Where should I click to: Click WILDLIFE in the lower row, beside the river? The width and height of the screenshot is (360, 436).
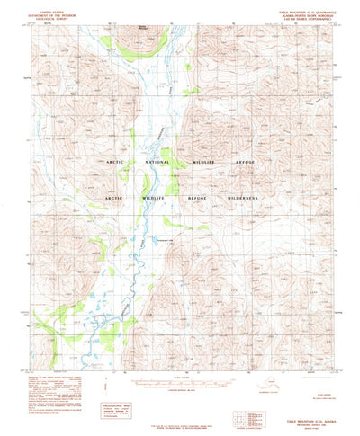click(x=155, y=196)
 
